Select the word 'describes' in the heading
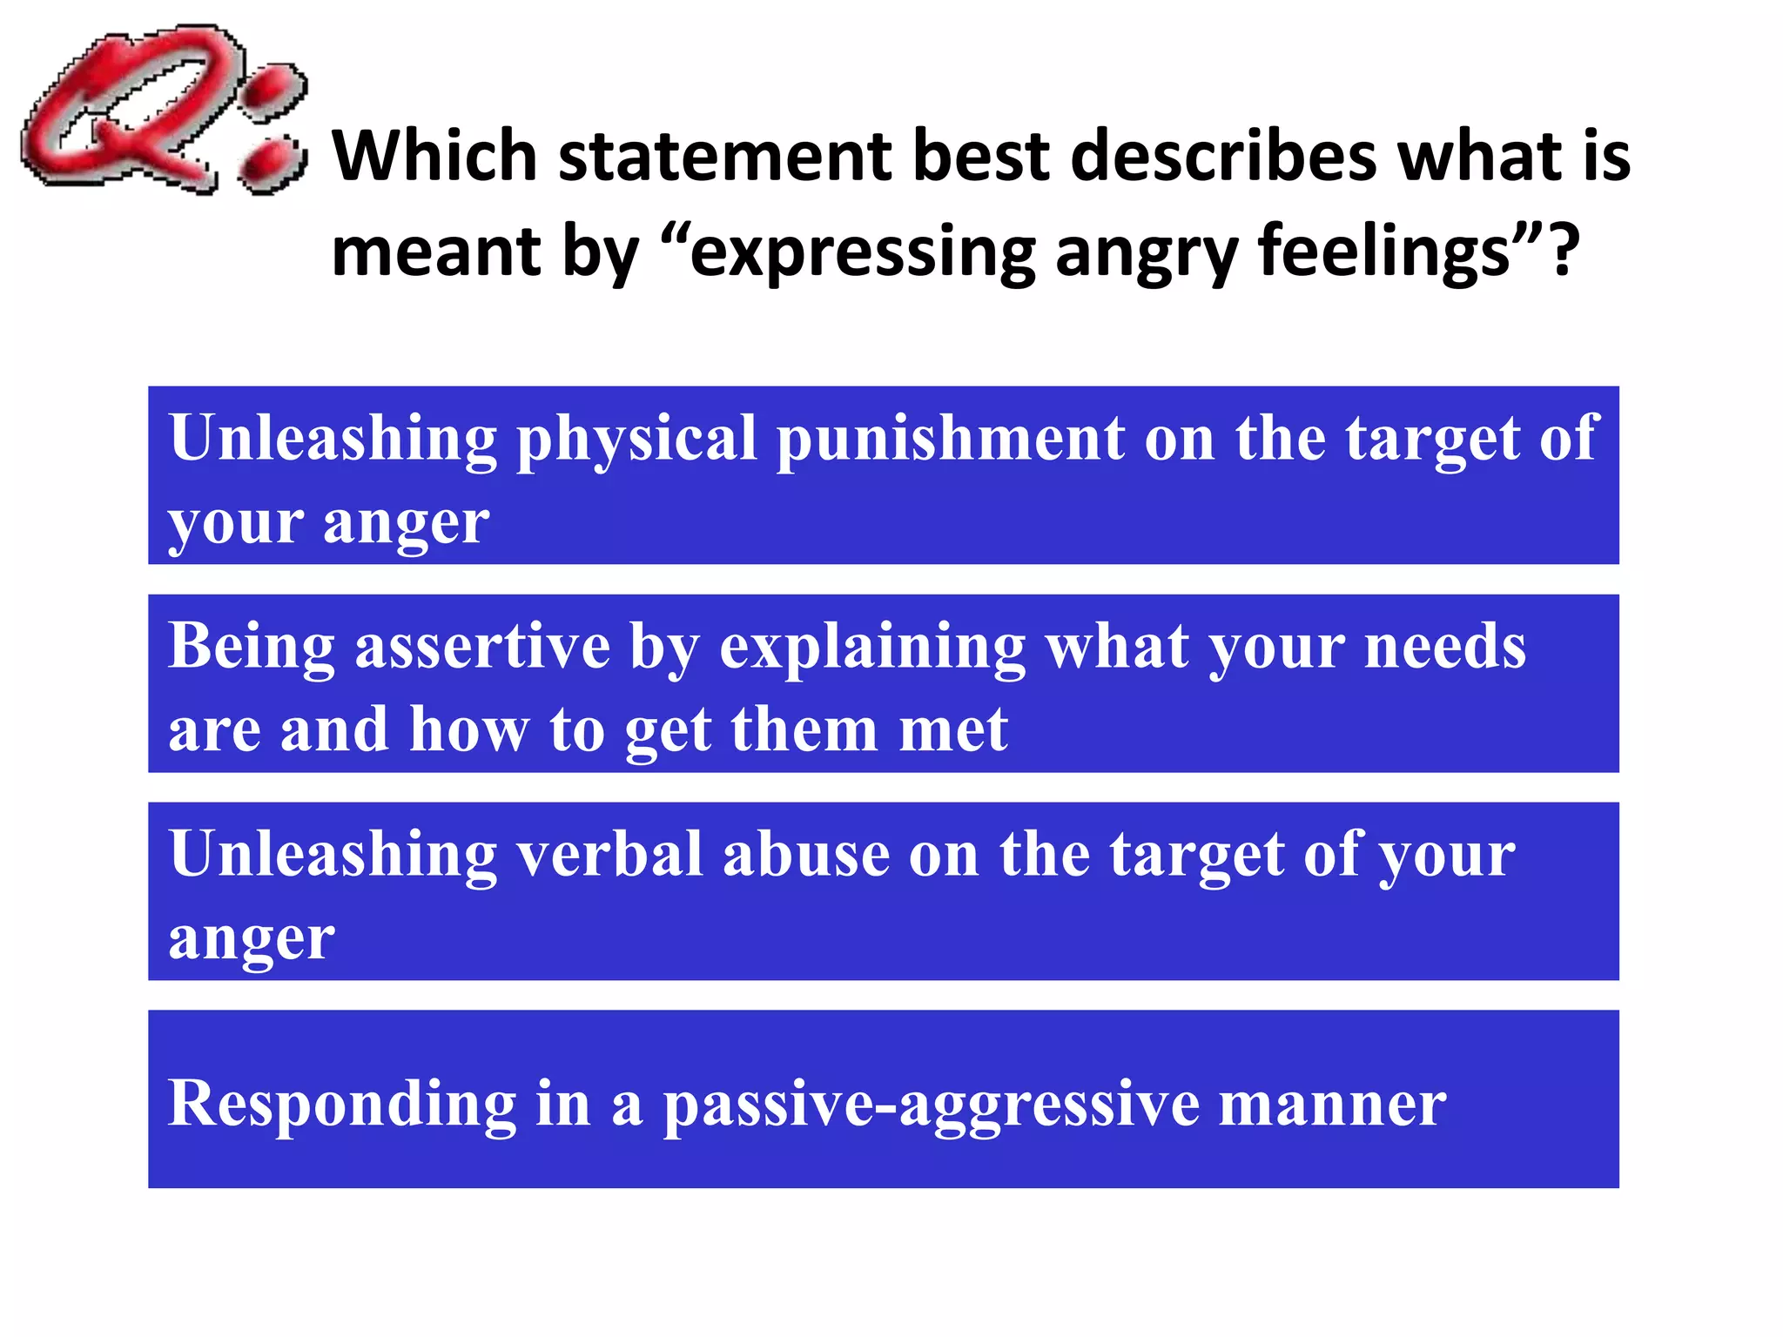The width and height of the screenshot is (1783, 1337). pos(1222,157)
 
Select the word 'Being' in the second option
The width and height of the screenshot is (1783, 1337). pos(252,648)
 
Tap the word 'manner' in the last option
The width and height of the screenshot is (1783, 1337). pos(1331,1104)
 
